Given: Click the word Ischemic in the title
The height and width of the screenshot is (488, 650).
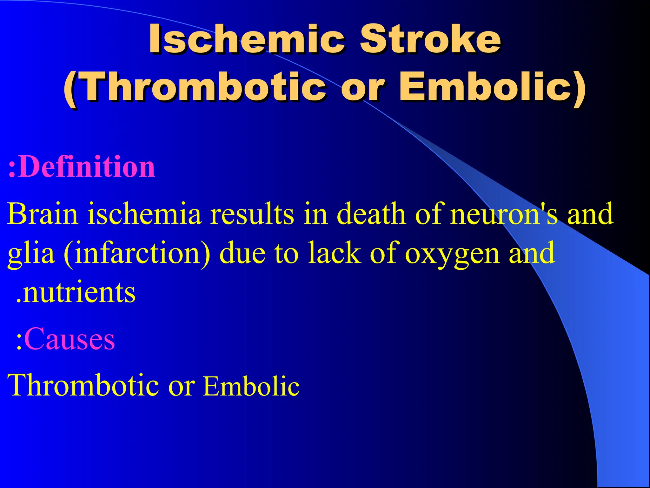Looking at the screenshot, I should pyautogui.click(x=246, y=39).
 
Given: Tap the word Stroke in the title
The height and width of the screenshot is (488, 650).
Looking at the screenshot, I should pyautogui.click(x=430, y=39).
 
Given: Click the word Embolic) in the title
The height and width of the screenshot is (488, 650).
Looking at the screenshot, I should pyautogui.click(x=492, y=87).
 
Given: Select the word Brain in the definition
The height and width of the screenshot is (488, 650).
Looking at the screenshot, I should pyautogui.click(x=43, y=214).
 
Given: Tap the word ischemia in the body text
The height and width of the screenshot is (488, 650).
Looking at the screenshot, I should pyautogui.click(x=144, y=214).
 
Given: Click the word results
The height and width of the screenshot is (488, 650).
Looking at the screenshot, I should pyautogui.click(x=252, y=214).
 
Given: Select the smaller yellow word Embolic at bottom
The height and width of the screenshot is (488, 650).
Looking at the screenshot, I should pyautogui.click(x=251, y=386).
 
